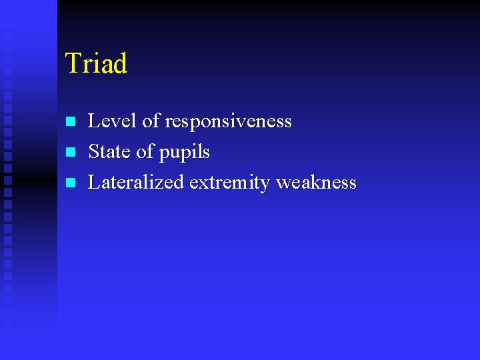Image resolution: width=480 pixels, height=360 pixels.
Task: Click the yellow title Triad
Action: (x=96, y=64)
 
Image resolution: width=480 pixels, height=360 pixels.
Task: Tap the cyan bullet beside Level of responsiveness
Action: (x=71, y=122)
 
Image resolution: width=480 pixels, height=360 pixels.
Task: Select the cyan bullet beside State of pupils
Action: (x=71, y=153)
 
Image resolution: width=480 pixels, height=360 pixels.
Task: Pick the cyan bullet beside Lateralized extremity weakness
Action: (x=71, y=183)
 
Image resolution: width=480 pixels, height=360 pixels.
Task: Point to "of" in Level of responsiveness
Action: (x=151, y=121)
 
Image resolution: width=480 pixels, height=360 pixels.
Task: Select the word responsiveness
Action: (x=228, y=122)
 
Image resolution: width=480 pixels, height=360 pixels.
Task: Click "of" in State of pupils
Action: (x=145, y=152)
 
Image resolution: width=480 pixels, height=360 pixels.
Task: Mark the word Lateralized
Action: (x=136, y=182)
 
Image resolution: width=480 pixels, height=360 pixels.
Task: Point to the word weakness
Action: (x=317, y=182)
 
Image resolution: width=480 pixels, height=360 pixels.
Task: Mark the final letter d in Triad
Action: (x=120, y=65)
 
